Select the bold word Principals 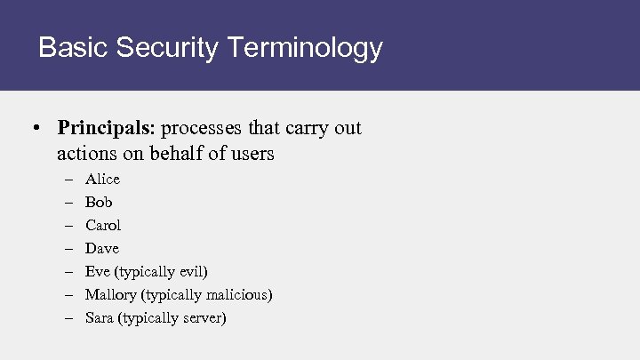[106, 128]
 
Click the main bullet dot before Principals [33, 129]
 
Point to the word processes [204, 128]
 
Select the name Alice [102, 179]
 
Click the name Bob [99, 202]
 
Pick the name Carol [103, 225]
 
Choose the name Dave [101, 248]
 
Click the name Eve [97, 271]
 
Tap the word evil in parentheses [191, 271]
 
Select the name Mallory [110, 294]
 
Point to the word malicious [237, 294]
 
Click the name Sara [99, 317]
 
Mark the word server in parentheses [203, 317]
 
